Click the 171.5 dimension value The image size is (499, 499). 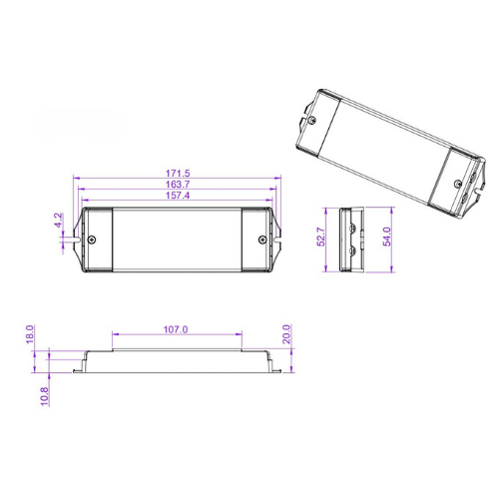tap(180, 175)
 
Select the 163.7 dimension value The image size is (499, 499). tap(180, 186)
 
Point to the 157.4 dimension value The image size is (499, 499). tap(180, 197)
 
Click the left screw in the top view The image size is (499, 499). tap(93, 240)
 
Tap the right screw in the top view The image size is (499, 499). tap(263, 240)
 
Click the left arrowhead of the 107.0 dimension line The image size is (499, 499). tap(115, 335)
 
